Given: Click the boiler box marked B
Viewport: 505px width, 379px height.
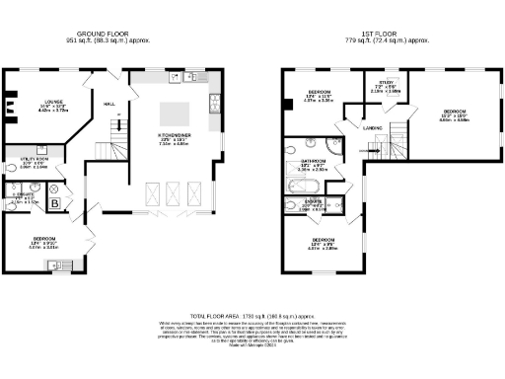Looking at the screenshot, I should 54,204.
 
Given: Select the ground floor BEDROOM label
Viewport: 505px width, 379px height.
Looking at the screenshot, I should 39,240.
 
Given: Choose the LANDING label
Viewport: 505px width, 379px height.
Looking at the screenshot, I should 373,127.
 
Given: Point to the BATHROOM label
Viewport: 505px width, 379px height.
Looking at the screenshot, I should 314,161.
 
